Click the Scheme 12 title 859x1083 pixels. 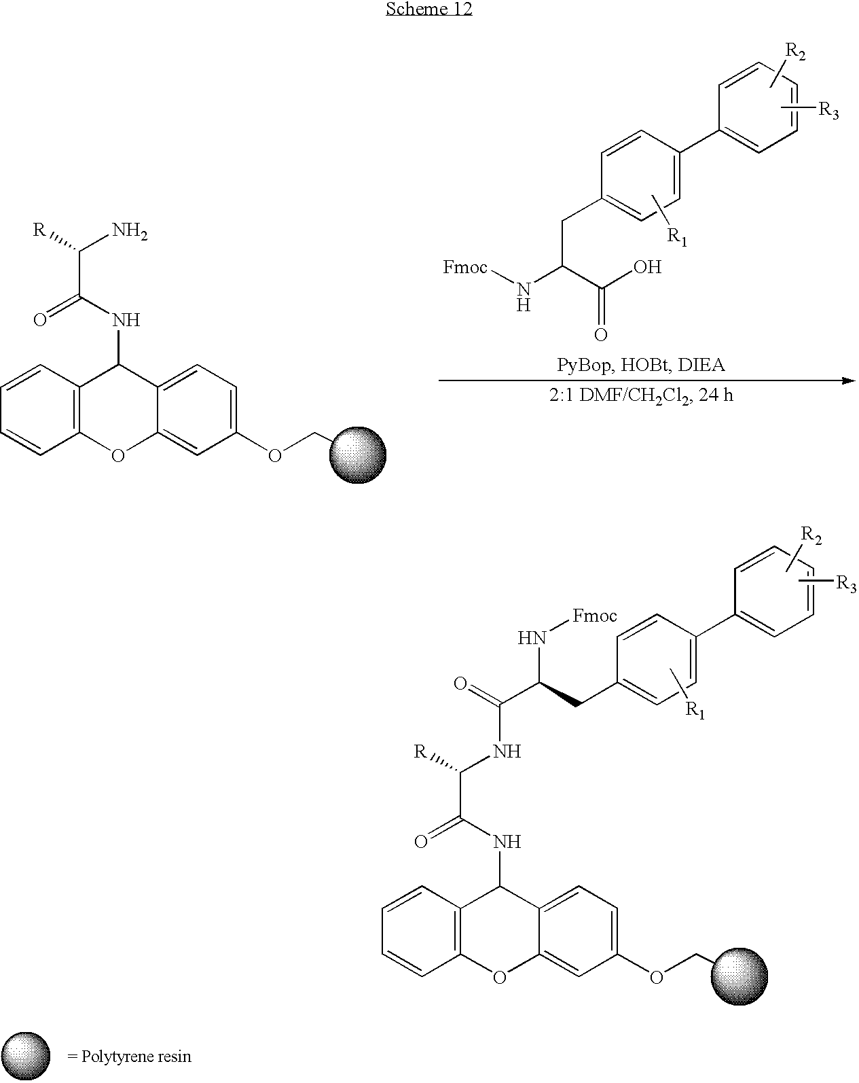pyautogui.click(x=429, y=9)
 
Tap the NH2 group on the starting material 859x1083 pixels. pyautogui.click(x=130, y=232)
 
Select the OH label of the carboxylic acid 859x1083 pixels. pyautogui.click(x=647, y=267)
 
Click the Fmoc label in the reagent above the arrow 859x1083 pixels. pyautogui.click(x=465, y=267)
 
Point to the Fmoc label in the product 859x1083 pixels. pyautogui.click(x=594, y=616)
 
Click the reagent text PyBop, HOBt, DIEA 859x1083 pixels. pyautogui.click(x=640, y=364)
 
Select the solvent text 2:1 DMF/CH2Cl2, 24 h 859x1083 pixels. pyautogui.click(x=641, y=395)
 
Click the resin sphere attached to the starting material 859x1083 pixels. pyautogui.click(x=358, y=455)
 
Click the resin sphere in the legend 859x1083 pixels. pyautogui.click(x=26, y=1056)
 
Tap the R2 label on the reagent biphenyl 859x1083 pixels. pyautogui.click(x=795, y=52)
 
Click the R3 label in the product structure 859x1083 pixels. pyautogui.click(x=846, y=584)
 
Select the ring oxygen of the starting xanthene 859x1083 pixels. pyautogui.click(x=117, y=456)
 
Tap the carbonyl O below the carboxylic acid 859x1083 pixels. pyautogui.click(x=600, y=335)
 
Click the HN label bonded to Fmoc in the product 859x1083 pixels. pyautogui.click(x=532, y=638)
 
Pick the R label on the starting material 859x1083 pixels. pyautogui.click(x=39, y=230)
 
